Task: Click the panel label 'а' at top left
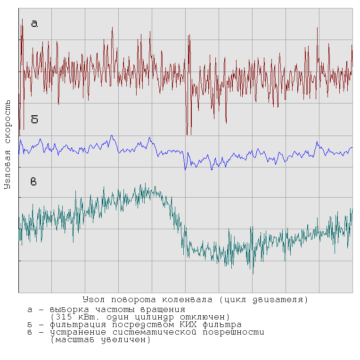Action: click(x=34, y=24)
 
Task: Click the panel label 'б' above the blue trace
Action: click(x=34, y=120)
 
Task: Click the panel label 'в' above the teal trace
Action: click(x=34, y=182)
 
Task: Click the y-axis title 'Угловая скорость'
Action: click(x=8, y=144)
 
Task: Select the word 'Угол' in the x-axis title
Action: click(x=94, y=299)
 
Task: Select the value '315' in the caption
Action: click(x=63, y=317)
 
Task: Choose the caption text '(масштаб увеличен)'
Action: click(x=100, y=340)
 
